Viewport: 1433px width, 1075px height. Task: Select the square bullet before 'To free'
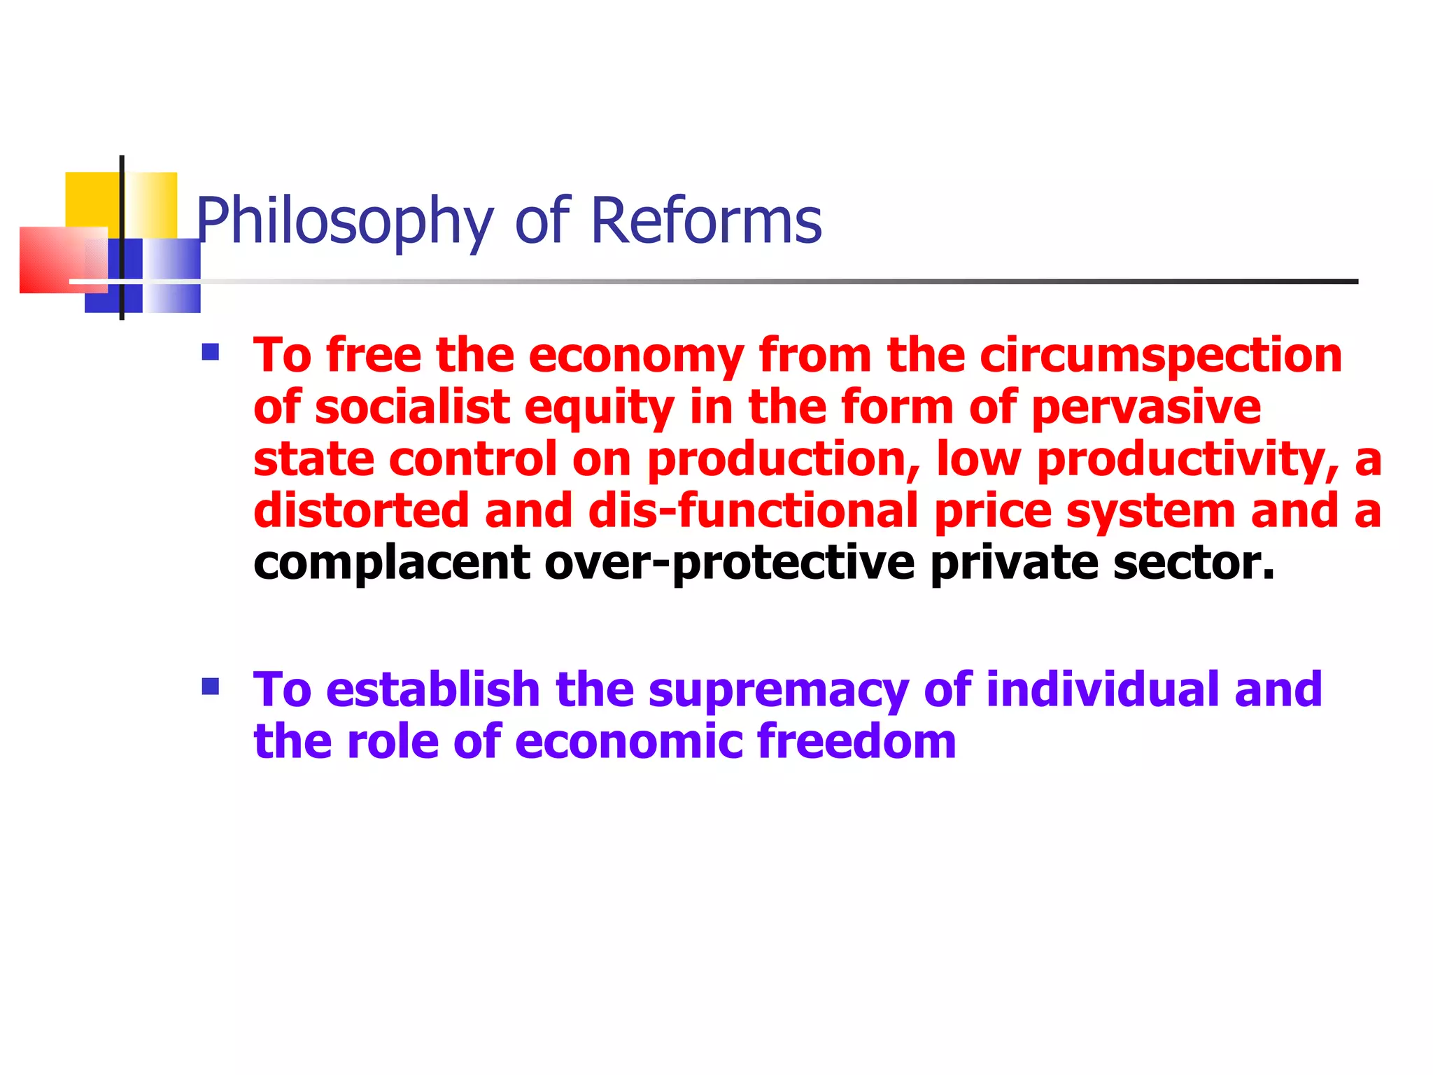(210, 351)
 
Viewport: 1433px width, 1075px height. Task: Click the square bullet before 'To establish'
(210, 686)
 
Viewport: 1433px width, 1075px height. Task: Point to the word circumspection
(1160, 356)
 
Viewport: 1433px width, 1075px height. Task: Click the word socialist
(412, 407)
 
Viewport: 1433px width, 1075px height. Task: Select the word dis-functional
(752, 511)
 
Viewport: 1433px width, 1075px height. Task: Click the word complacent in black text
(392, 563)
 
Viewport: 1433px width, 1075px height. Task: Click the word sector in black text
(1193, 563)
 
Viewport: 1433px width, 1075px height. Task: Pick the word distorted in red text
(361, 511)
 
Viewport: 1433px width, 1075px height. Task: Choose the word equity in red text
(599, 409)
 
